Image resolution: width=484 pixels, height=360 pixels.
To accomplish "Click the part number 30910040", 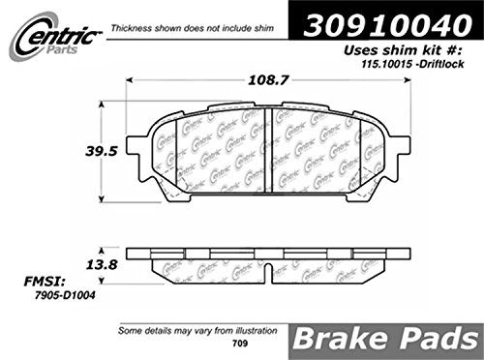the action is click(x=387, y=25).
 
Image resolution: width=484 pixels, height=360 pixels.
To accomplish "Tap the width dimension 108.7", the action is click(x=267, y=80).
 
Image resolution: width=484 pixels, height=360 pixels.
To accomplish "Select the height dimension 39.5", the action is click(x=101, y=151).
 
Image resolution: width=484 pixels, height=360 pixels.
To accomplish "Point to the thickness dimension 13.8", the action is click(x=102, y=265).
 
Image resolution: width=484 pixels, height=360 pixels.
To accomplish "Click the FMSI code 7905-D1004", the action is click(x=65, y=295).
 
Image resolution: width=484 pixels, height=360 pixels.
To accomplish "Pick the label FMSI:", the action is click(x=45, y=282).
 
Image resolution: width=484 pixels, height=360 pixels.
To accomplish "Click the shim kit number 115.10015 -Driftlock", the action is click(x=412, y=64).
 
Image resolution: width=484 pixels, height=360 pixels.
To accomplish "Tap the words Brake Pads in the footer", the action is click(x=386, y=340).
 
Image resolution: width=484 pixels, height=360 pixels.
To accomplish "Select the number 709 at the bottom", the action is click(x=240, y=344).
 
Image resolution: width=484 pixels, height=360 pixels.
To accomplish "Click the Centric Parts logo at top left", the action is click(x=55, y=37).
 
